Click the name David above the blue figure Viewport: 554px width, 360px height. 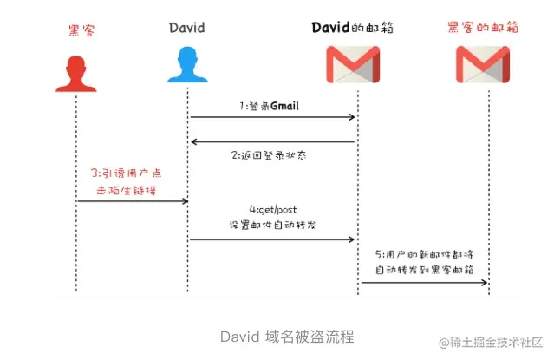[187, 28]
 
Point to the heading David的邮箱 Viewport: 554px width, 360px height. [353, 28]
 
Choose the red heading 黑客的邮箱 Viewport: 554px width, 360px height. [483, 28]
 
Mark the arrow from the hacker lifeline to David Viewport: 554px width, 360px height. [132, 201]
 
